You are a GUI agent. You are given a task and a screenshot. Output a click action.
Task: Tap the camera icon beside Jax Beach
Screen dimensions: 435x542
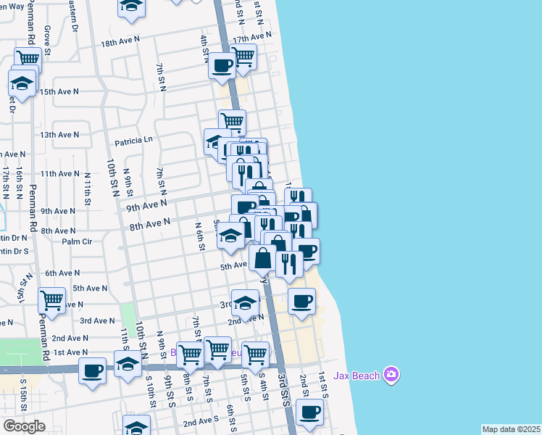[x=391, y=374]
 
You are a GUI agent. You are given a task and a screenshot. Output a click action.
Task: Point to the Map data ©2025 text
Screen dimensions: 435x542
[x=511, y=429]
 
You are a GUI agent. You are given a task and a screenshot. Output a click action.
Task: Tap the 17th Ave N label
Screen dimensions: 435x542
[x=252, y=36]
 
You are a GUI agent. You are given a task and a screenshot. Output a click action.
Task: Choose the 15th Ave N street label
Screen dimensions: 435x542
[x=59, y=92]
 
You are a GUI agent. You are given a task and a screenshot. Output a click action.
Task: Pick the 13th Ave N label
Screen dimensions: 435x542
[x=59, y=135]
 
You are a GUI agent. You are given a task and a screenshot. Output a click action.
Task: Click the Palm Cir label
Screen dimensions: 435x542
[x=77, y=241]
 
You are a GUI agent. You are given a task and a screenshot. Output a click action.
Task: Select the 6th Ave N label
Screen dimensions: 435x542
[x=62, y=273]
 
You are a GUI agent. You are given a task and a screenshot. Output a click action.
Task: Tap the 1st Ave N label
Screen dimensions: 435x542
[x=70, y=352]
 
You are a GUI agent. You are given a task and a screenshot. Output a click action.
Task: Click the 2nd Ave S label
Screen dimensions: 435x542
[x=201, y=421]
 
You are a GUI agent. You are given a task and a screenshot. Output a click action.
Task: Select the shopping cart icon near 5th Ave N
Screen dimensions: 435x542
[x=51, y=299]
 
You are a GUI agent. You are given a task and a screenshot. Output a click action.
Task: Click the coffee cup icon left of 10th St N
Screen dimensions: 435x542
[x=92, y=370]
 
